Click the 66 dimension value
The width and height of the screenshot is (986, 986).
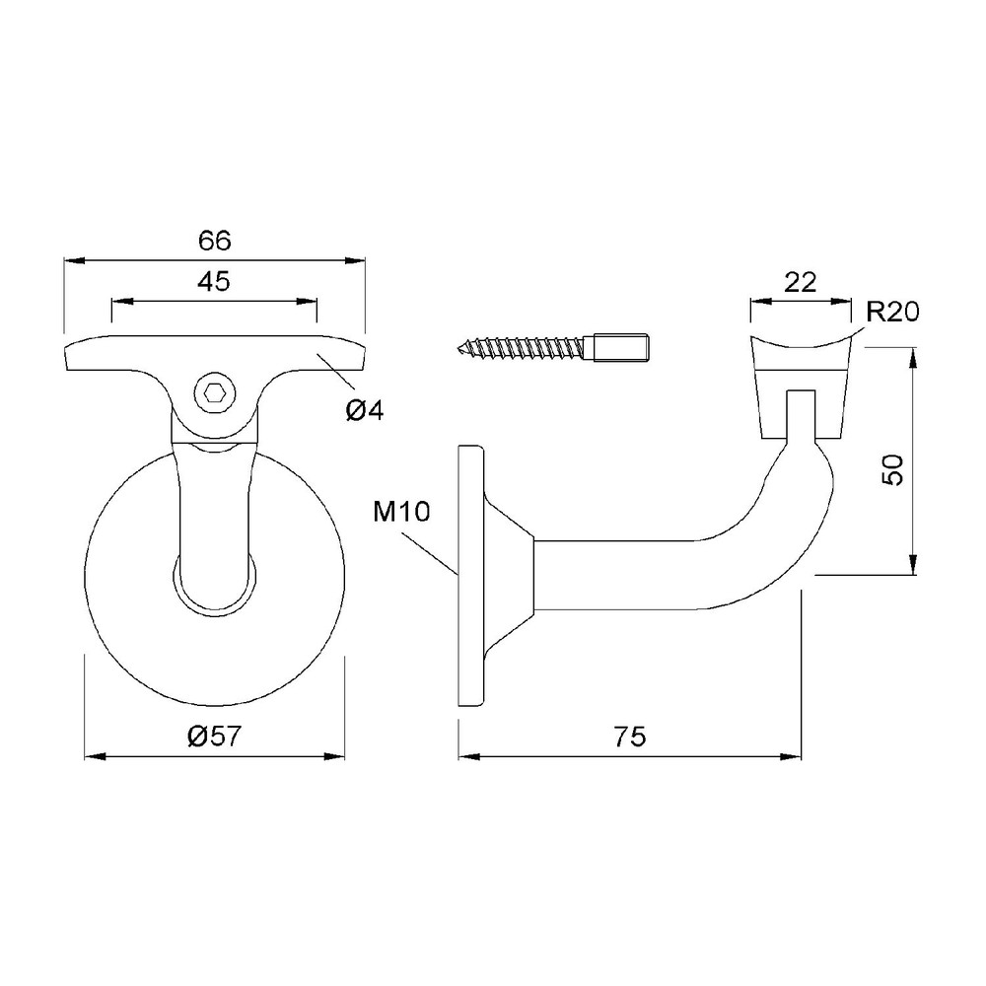tap(214, 241)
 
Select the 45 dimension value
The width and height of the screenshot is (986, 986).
tap(214, 282)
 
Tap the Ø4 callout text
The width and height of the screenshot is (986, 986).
tap(364, 410)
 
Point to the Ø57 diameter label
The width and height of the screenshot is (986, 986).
tap(214, 736)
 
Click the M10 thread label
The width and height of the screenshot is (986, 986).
tap(401, 512)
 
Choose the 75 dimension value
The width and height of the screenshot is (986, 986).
tap(629, 737)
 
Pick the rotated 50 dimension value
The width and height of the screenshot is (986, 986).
tap(892, 469)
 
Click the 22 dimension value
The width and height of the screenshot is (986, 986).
tap(800, 282)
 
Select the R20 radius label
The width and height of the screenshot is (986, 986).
tap(893, 312)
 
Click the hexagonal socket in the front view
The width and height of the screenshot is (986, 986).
tap(214, 394)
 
